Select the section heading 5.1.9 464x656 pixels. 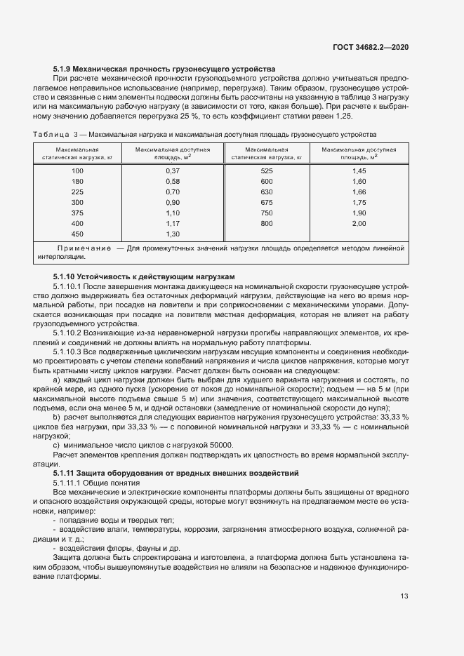pyautogui.click(x=164, y=68)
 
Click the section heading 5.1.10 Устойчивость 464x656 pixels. pyautogui.click(x=144, y=277)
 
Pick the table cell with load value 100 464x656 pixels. pyautogui.click(x=77, y=171)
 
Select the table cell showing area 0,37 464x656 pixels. pyautogui.click(x=173, y=171)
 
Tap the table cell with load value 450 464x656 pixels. pyautogui.click(x=77, y=234)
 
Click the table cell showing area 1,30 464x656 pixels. pyautogui.click(x=173, y=234)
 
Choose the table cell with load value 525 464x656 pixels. pyautogui.click(x=267, y=171)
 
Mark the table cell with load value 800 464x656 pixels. pyautogui.click(x=267, y=223)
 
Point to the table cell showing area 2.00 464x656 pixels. pyautogui.click(x=359, y=223)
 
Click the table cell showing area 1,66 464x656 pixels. pyautogui.click(x=359, y=192)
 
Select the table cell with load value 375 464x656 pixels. pyautogui.click(x=77, y=213)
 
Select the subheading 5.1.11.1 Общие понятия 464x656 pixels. pyautogui.click(x=97, y=483)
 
